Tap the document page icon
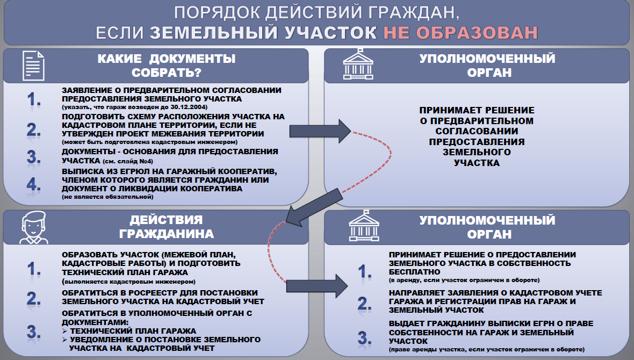tap(33, 66)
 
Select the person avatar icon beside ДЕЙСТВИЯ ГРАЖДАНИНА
tap(34, 227)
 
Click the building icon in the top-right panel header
tap(358, 64)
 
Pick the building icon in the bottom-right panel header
tap(364, 226)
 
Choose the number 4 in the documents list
tap(33, 185)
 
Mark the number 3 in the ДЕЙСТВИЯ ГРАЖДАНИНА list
tap(33, 332)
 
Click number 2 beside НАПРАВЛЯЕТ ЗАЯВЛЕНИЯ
tap(364, 304)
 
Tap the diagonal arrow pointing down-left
tap(314, 207)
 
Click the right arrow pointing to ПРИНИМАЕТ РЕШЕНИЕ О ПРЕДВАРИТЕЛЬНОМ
tap(320, 131)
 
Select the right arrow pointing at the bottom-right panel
tap(317, 286)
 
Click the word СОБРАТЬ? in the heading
tap(167, 73)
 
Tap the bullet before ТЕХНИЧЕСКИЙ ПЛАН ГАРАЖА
tap(64, 331)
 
